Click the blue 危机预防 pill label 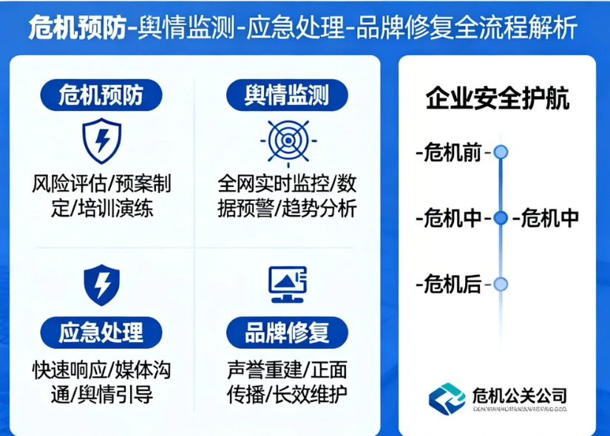click(101, 95)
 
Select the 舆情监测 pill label click(286, 95)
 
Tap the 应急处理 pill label click(101, 332)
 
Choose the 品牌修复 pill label click(286, 332)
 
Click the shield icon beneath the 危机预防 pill click(101, 140)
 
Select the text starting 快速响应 click(101, 381)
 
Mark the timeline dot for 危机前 click(501, 152)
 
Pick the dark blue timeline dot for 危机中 click(501, 218)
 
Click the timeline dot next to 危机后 click(501, 284)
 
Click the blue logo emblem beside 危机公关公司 click(448, 398)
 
